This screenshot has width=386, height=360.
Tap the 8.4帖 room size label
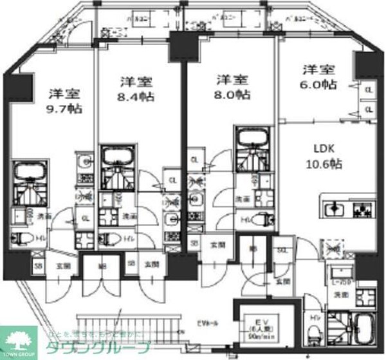(x=135, y=98)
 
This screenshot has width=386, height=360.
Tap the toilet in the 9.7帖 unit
(x=21, y=240)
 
